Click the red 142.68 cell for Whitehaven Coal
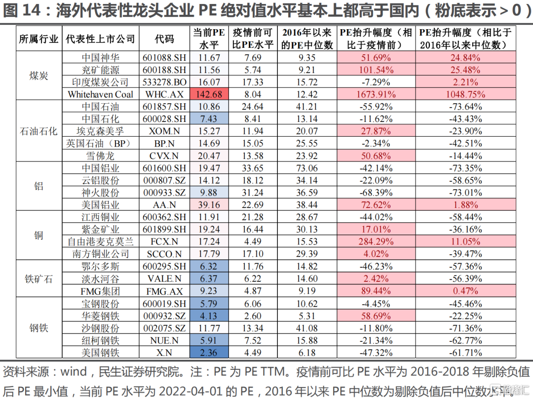click(x=209, y=94)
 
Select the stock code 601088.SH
click(x=164, y=58)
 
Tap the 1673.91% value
click(x=375, y=94)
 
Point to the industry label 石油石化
click(x=38, y=131)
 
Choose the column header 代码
click(x=164, y=39)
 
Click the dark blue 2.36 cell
click(x=209, y=353)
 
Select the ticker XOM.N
click(x=164, y=131)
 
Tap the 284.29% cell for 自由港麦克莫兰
click(x=375, y=242)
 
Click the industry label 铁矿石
click(x=38, y=279)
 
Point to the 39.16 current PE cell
click(x=209, y=205)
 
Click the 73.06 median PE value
click(x=307, y=168)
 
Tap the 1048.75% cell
click(x=465, y=94)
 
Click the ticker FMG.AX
click(x=164, y=291)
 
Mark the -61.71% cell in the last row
click(x=465, y=353)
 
